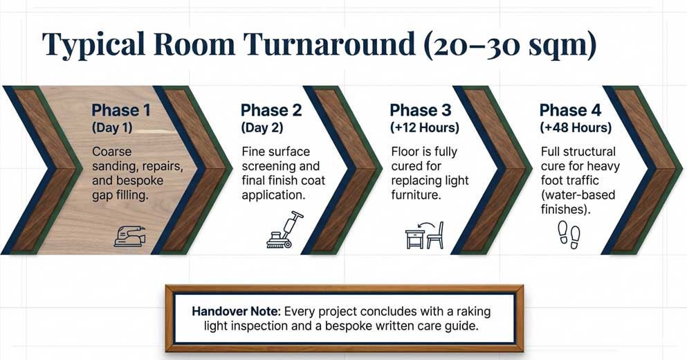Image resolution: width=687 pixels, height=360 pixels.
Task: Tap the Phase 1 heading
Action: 121,110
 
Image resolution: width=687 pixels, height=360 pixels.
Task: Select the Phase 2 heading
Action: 271,110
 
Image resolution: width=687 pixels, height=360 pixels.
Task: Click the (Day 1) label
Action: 113,128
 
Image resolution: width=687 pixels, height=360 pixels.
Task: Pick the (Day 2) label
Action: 262,128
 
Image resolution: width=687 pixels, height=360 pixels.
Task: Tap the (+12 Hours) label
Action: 425,128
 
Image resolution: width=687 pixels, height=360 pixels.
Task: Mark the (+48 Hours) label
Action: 576,128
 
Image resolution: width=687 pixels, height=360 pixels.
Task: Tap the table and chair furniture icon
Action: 424,235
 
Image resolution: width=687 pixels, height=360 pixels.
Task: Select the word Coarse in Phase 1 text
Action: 111,152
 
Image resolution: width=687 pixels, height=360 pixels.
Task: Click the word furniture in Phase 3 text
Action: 418,195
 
